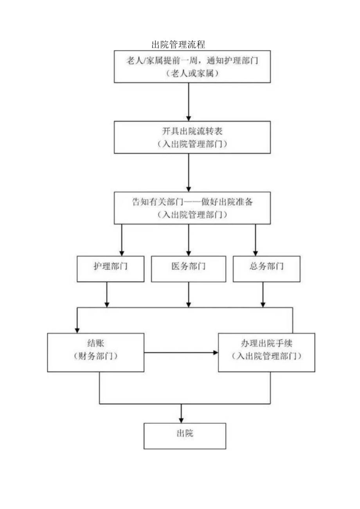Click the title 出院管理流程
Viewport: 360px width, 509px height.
[x=178, y=44]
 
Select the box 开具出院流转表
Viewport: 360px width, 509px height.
[x=192, y=137]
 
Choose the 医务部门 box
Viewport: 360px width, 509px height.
[x=188, y=269]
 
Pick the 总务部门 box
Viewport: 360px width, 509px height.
[x=266, y=269]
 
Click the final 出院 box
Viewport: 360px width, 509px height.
[x=185, y=435]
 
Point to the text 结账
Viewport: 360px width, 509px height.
[x=96, y=343]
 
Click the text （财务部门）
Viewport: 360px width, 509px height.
[x=96, y=356]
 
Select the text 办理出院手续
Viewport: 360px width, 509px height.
[x=266, y=343]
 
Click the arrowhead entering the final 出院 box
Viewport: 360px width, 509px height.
[x=181, y=419]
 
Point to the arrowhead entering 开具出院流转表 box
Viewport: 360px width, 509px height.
[x=189, y=118]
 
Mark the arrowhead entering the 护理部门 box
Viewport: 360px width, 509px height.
[x=122, y=253]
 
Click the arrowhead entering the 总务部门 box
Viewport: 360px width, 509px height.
[x=255, y=253]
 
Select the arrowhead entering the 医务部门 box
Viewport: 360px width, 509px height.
[x=189, y=253]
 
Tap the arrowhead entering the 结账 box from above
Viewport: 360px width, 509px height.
[x=77, y=330]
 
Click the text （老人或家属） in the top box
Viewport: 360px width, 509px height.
[x=192, y=73]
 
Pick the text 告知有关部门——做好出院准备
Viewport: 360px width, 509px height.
[x=192, y=202]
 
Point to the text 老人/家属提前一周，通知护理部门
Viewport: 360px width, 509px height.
[x=192, y=61]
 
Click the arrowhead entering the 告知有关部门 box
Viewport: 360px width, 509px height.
[x=189, y=188]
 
